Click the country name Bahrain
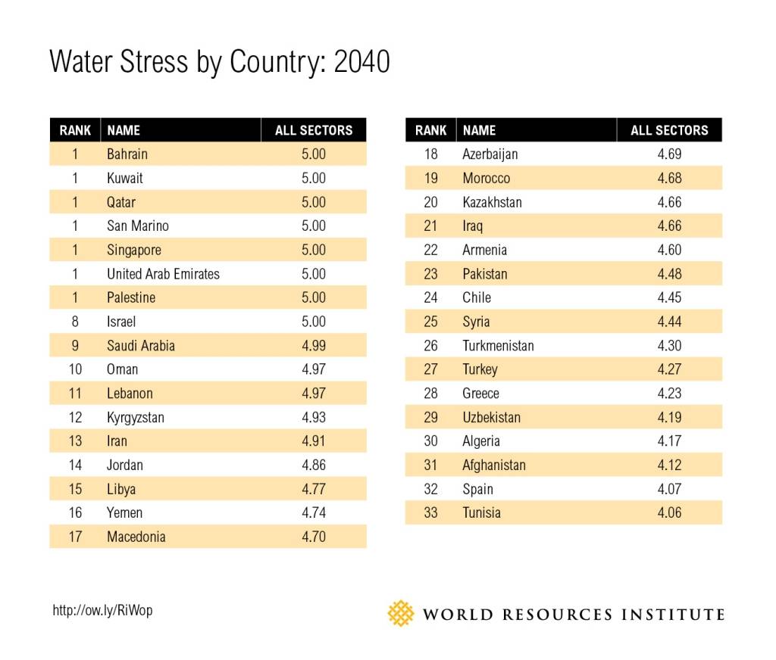point(127,154)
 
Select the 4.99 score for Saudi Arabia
point(314,345)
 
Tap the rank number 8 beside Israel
point(75,322)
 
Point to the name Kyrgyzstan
point(136,417)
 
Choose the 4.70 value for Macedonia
point(314,537)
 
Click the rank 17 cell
point(75,537)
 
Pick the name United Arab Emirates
point(163,274)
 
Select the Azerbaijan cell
point(490,154)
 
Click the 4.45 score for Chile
point(669,297)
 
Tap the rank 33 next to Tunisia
point(430,512)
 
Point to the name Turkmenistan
point(498,345)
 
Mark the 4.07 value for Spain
point(669,489)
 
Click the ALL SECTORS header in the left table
point(314,130)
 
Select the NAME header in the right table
point(479,130)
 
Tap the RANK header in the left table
point(75,130)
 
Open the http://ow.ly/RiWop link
point(102,610)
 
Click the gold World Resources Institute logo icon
point(401,613)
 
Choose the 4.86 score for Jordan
point(314,465)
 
